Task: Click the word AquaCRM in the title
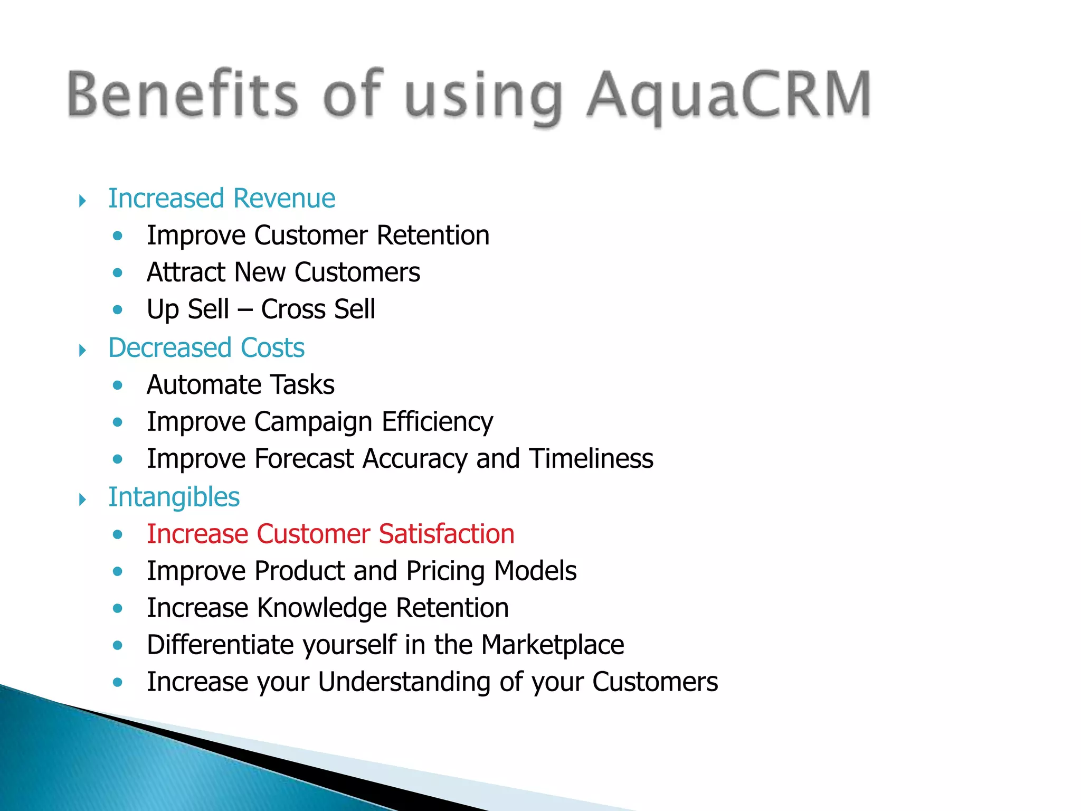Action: [728, 95]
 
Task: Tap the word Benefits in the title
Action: [182, 94]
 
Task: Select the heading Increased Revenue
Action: [222, 199]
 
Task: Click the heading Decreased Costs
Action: [206, 348]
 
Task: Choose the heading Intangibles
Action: [174, 497]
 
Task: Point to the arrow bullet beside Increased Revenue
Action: [82, 201]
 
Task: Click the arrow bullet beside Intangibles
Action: [82, 499]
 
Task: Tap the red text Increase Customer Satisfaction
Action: [330, 534]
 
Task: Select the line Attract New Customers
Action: [283, 272]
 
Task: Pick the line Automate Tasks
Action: [241, 385]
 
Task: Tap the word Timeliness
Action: [591, 459]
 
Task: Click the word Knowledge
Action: [322, 608]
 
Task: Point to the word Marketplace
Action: [553, 645]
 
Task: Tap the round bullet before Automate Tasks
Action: [118, 385]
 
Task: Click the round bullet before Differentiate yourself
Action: [118, 645]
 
